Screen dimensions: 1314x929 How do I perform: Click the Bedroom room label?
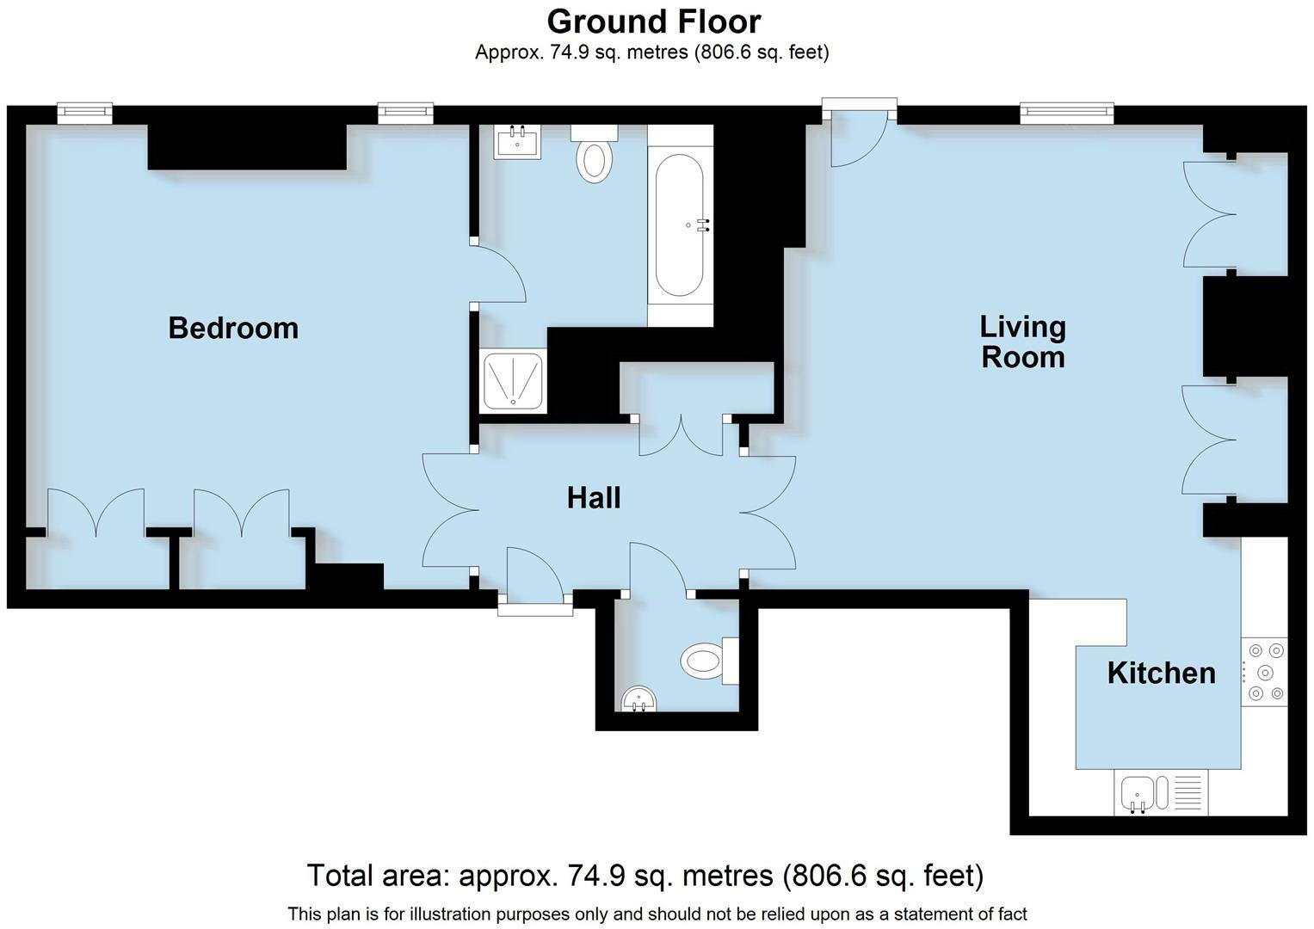pos(233,328)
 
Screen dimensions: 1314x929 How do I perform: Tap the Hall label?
pos(593,498)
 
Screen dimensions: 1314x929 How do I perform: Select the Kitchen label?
pos(1161,673)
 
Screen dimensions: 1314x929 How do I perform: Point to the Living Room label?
pos(1022,342)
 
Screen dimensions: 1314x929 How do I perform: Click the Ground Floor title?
pos(653,22)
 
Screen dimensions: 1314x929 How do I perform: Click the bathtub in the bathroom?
pos(680,225)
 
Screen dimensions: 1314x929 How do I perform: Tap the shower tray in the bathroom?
pos(513,380)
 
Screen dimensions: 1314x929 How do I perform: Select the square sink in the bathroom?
pos(517,141)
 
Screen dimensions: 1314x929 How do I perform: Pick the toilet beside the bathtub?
pos(595,154)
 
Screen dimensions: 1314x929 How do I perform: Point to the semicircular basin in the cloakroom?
pos(638,698)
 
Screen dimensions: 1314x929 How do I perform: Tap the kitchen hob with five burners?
pos(1264,672)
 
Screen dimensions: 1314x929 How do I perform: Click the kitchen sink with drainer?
pos(1161,792)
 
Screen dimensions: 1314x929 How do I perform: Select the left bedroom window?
pos(84,113)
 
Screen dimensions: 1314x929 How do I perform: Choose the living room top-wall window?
pos(1066,113)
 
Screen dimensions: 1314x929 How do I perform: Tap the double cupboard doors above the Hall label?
pos(681,436)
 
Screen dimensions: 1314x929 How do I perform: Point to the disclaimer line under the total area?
pos(657,914)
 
